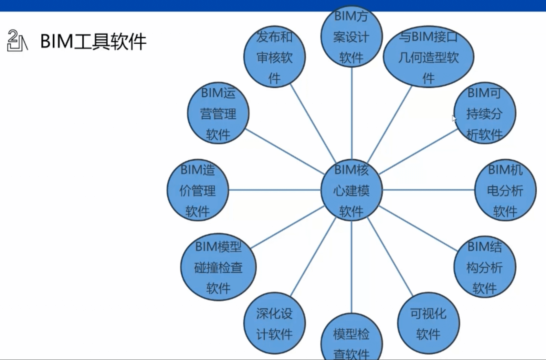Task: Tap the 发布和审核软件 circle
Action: click(274, 57)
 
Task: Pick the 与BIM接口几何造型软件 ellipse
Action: click(428, 57)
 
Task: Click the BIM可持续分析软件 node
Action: click(485, 113)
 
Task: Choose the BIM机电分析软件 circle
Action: click(505, 190)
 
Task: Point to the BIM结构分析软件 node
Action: click(485, 267)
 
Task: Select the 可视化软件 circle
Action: click(428, 323)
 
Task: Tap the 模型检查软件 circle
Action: click(352, 339)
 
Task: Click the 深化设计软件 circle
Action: click(274, 323)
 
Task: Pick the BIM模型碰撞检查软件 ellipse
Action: click(218, 267)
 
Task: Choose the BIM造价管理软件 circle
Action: click(198, 190)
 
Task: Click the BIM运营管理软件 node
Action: click(218, 113)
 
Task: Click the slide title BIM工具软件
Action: click(93, 41)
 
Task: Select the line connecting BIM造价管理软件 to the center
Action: click(275, 190)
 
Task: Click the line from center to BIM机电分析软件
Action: click(428, 190)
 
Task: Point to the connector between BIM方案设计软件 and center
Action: click(352, 113)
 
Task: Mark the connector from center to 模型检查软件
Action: click(352, 267)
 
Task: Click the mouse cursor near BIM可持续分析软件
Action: click(454, 118)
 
